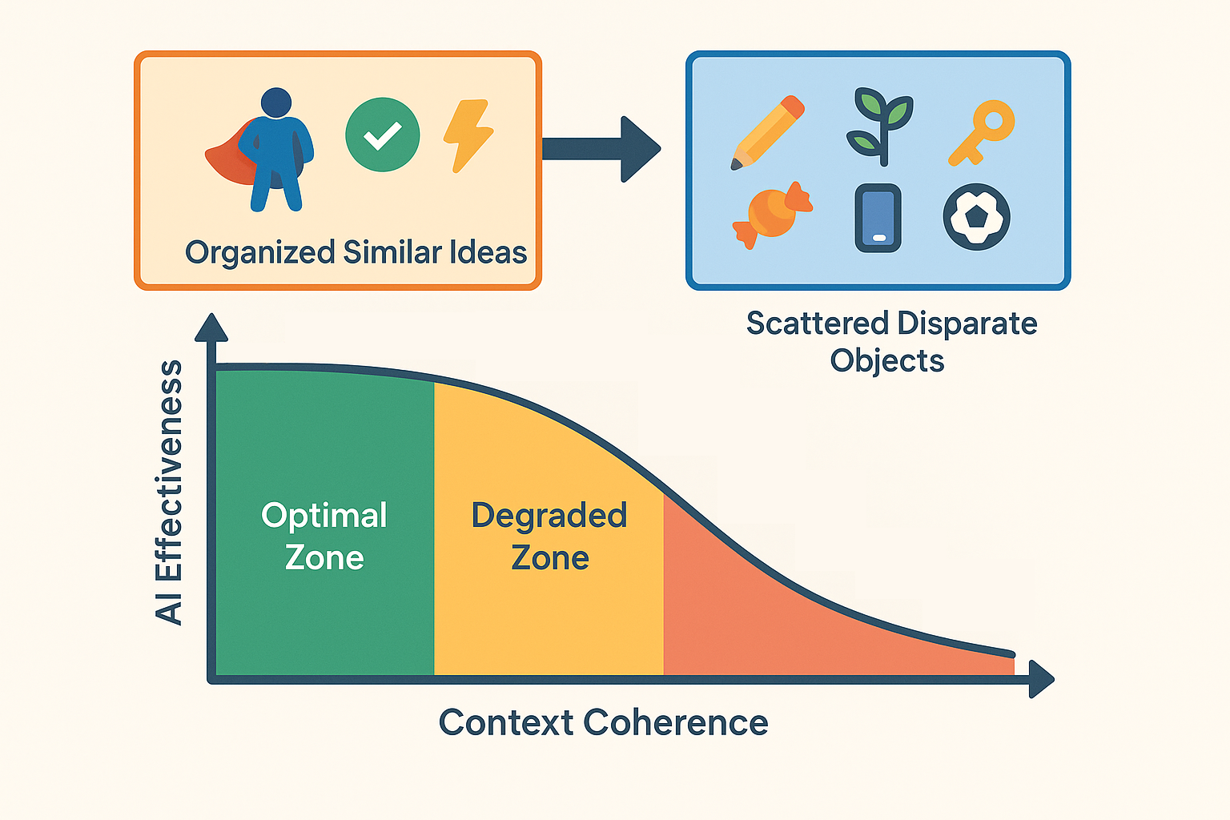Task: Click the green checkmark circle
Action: click(383, 135)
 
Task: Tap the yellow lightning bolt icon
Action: click(468, 135)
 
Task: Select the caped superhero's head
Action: click(276, 102)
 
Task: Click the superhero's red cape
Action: click(228, 156)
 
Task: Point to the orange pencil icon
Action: click(767, 133)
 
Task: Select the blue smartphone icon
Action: click(878, 218)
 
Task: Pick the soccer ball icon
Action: click(976, 217)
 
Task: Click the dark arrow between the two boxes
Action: click(601, 149)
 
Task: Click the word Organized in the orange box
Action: click(259, 254)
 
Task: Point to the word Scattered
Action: click(818, 323)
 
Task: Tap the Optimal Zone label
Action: click(324, 537)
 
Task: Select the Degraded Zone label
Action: click(549, 537)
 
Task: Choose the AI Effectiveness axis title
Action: click(169, 492)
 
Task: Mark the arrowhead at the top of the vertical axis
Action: click(211, 328)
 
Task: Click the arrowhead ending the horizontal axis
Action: click(1042, 679)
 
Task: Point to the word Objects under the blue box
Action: click(886, 361)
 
